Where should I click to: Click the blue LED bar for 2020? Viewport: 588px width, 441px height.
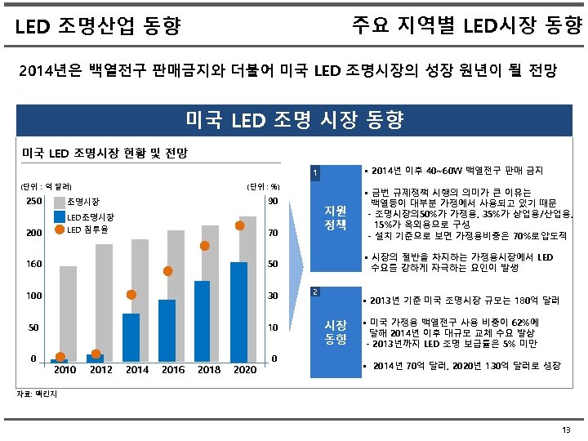pos(239,311)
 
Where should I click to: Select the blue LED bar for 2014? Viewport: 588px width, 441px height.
pos(131,336)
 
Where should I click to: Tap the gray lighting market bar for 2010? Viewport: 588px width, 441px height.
pos(68,314)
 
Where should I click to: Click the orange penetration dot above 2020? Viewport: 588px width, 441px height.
pos(240,225)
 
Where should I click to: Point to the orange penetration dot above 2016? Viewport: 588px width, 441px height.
pos(167,271)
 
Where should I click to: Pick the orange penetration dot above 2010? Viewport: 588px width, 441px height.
pos(60,356)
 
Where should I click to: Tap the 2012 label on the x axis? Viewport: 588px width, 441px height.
pos(101,370)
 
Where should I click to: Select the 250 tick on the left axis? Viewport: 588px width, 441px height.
pos(33,202)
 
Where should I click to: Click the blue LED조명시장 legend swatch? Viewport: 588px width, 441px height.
pos(60,216)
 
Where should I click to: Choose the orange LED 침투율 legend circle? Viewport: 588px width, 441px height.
pos(60,229)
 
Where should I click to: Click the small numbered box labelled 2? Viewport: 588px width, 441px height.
pos(316,292)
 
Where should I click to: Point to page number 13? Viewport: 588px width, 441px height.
pos(566,430)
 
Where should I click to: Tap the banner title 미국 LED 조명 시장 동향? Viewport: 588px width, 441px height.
pos(294,122)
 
